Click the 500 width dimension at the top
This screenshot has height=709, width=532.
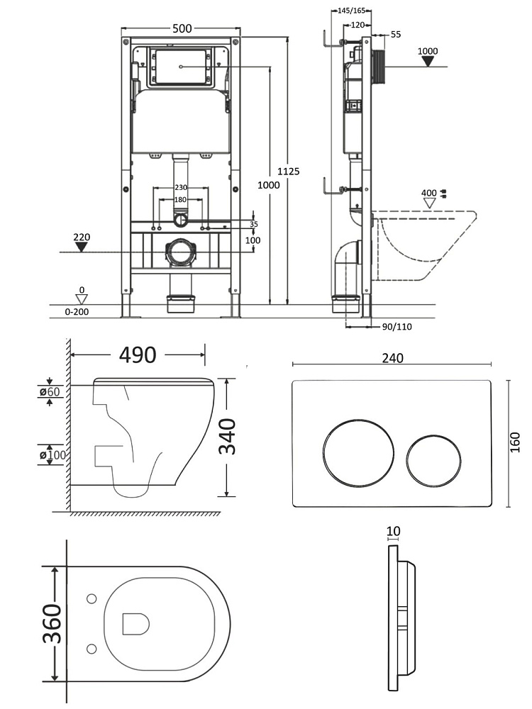pos(183,28)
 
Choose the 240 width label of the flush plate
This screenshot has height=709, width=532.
pos(392,358)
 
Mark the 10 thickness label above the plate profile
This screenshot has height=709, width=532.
pos(394,531)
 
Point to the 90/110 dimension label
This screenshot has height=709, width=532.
pos(397,327)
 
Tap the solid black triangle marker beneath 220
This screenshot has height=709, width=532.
pos(82,247)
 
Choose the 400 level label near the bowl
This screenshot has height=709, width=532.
pos(428,193)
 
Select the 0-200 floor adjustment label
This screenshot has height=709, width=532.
pos(78,311)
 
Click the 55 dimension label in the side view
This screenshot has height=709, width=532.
pos(396,34)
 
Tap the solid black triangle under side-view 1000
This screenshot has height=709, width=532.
pos(428,62)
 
